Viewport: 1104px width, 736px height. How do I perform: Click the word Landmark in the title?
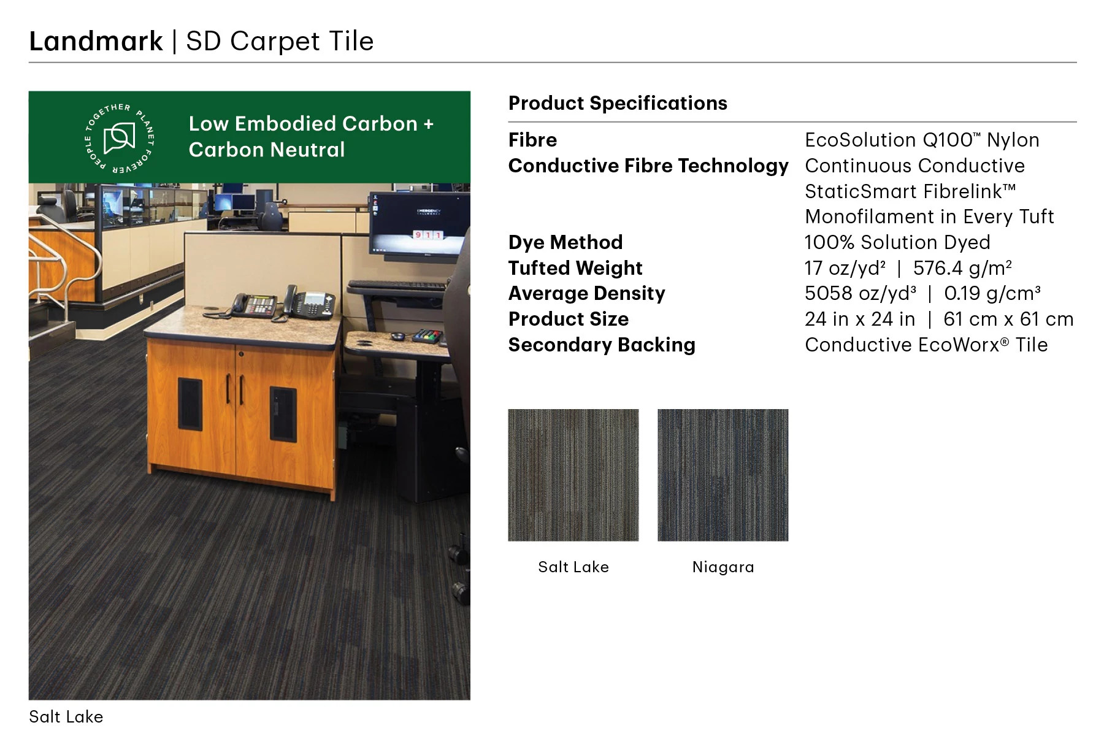(x=96, y=42)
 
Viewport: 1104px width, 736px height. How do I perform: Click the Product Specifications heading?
(x=618, y=103)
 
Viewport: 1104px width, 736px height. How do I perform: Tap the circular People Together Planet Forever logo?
(x=119, y=138)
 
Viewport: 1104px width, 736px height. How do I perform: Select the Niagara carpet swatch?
(x=723, y=475)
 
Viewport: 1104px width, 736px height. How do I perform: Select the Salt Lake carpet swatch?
(x=573, y=475)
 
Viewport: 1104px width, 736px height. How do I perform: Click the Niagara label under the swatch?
(x=723, y=567)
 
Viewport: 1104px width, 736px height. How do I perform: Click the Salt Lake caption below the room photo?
(x=66, y=716)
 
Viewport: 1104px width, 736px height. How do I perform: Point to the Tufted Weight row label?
(x=575, y=268)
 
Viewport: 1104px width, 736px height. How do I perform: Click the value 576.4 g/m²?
(x=962, y=268)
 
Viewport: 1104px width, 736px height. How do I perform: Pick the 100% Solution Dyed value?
(x=897, y=242)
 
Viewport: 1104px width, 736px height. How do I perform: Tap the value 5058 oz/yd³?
(x=860, y=294)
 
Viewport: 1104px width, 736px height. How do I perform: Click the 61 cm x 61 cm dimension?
(x=1008, y=320)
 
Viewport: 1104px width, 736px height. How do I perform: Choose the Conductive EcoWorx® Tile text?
(x=926, y=345)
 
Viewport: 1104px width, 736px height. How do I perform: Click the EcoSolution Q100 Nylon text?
(x=921, y=140)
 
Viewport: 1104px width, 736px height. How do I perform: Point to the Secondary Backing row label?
(x=601, y=345)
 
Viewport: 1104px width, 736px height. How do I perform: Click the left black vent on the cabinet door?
(x=190, y=404)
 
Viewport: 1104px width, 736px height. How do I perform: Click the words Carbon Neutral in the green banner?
(x=267, y=150)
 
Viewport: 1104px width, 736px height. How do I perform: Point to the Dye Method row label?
(x=565, y=242)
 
